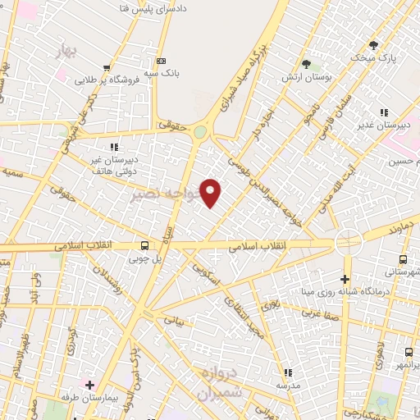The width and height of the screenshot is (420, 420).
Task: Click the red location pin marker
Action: [212, 193]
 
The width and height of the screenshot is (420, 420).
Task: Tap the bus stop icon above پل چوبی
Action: [145, 245]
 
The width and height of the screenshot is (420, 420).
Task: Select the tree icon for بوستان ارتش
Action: [306, 63]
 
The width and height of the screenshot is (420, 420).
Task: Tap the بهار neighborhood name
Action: [66, 52]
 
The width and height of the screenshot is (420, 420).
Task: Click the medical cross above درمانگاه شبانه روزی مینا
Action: [345, 280]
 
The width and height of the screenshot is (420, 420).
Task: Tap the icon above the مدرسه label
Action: [286, 372]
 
